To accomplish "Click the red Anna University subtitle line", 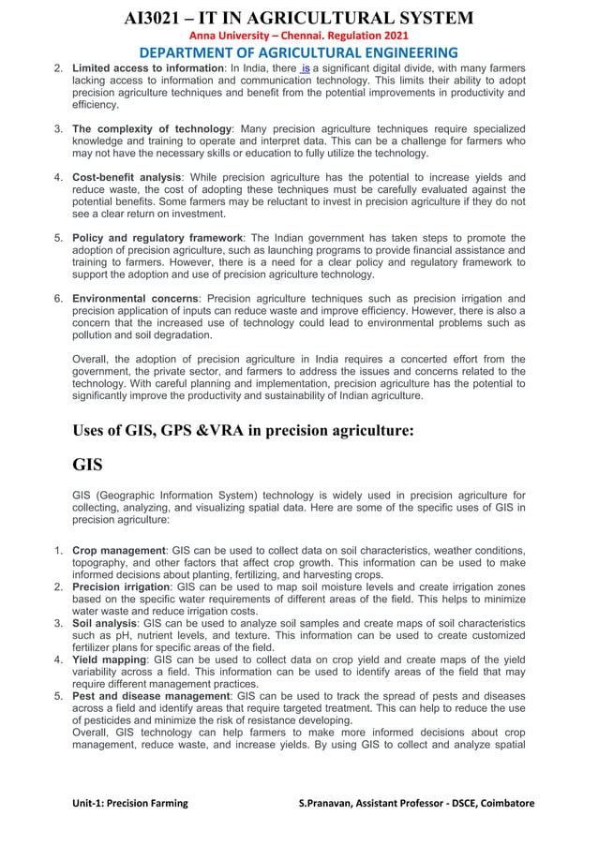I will (298, 36).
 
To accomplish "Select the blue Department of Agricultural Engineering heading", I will (298, 53).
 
